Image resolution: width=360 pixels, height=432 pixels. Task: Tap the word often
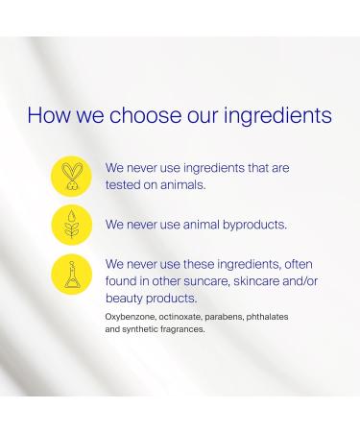tap(294, 264)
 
